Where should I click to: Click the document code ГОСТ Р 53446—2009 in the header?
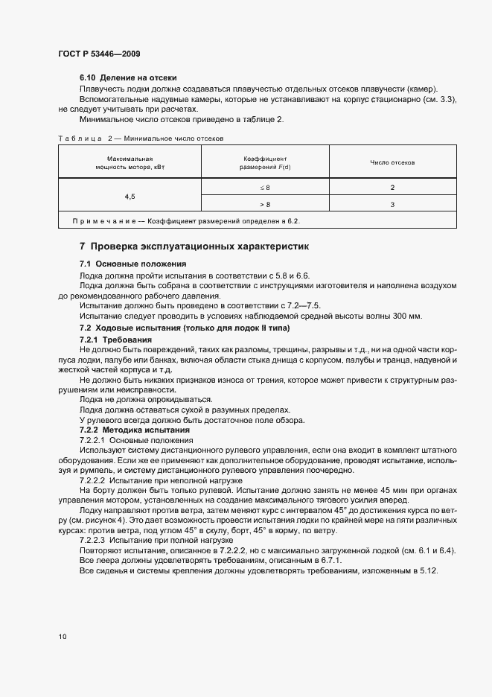point(98,54)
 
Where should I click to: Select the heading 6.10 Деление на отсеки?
point(127,78)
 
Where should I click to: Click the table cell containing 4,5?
point(130,196)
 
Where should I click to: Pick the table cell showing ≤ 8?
point(265,188)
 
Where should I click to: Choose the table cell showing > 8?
point(265,204)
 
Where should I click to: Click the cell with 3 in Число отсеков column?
point(392,204)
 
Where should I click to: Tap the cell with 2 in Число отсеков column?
point(392,188)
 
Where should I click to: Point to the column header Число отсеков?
point(392,162)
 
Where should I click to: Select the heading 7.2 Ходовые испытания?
point(185,328)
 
